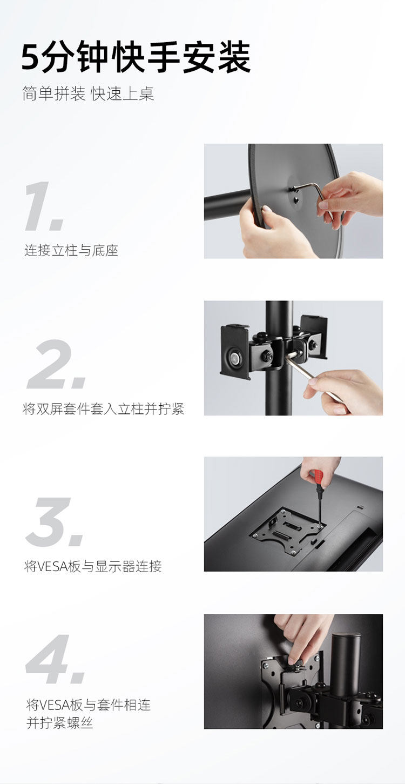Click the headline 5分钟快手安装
click(136, 57)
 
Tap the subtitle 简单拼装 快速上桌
click(88, 93)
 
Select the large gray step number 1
click(44, 206)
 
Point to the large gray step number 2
click(57, 364)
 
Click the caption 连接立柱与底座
click(71, 251)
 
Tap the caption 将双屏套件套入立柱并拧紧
click(104, 409)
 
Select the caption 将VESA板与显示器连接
click(93, 566)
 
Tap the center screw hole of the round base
click(296, 200)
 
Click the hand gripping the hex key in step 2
click(345, 388)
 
